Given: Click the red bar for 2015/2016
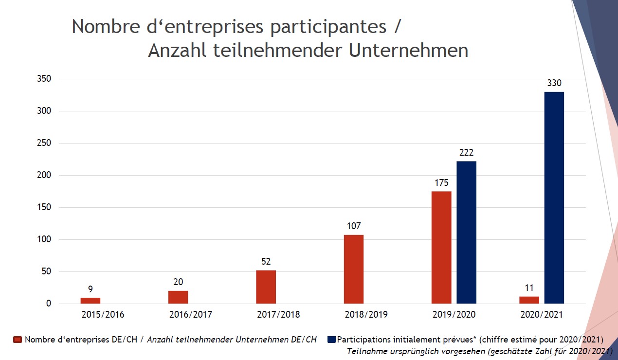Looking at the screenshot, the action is tap(91, 301).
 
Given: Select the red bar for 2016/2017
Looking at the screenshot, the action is tap(178, 297).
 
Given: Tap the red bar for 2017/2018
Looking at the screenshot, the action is tap(266, 287).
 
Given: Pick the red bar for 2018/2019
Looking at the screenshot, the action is tap(354, 269).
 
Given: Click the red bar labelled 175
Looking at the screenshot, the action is tap(441, 248).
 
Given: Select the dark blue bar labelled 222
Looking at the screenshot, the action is tap(467, 232).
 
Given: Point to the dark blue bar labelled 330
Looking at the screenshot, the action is tap(554, 198).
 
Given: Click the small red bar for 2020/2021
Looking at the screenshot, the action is tap(529, 300).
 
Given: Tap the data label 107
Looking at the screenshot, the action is tap(354, 226).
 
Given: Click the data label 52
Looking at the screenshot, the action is tap(266, 262).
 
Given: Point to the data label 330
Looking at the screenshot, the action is tap(554, 83).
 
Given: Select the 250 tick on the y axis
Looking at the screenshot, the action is tap(44, 143).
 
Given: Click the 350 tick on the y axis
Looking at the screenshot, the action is tap(44, 79).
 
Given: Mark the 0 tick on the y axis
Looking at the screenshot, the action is tap(49, 304).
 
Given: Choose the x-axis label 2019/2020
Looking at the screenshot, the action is tap(454, 314).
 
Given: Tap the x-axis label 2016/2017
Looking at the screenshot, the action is tap(191, 314).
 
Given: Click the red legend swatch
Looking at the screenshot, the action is tap(18, 340).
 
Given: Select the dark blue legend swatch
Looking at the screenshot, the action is tap(331, 340).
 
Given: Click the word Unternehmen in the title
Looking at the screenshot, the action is tap(409, 51).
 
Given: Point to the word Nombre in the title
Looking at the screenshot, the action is tap(106, 26).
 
